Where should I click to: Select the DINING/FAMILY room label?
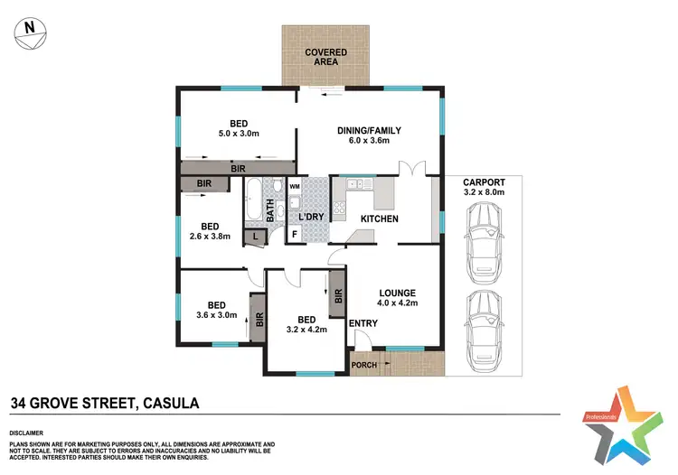369,131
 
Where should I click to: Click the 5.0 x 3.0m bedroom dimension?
239,135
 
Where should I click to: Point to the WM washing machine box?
295,186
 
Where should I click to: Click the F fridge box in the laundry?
294,235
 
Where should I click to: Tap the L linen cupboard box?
255,236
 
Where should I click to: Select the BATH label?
269,210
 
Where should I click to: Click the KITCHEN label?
380,219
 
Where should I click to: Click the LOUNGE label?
397,293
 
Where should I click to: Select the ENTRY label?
363,323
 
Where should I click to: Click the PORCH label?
365,365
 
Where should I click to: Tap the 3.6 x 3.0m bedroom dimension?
217,316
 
